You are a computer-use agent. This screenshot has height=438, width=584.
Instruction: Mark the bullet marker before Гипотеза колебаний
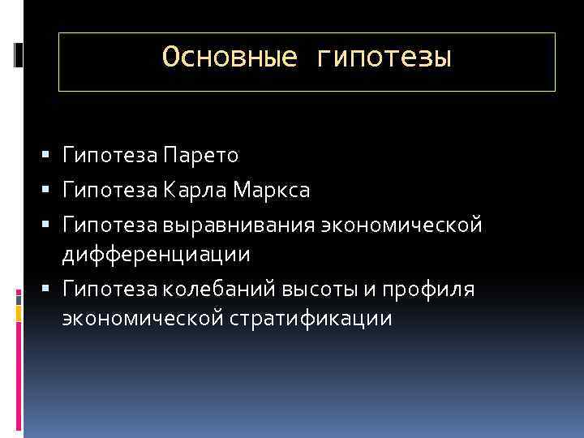[x=51, y=287]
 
